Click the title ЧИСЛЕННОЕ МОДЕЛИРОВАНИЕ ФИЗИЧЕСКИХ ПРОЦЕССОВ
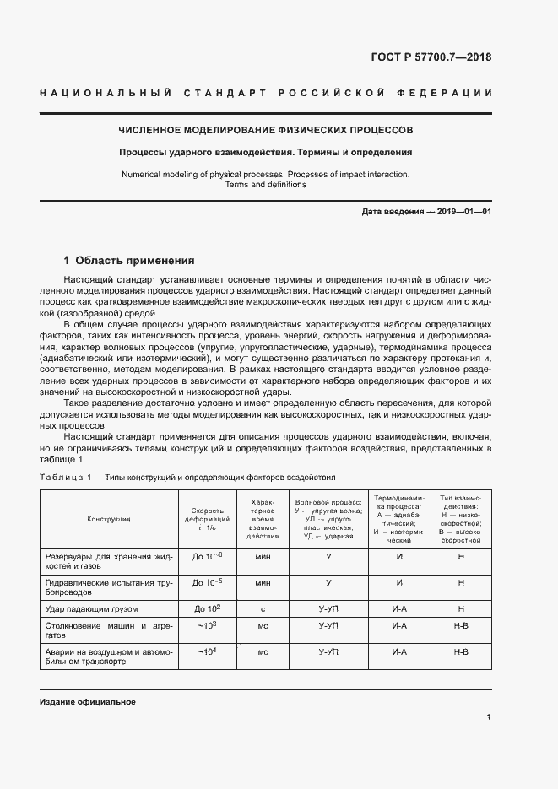pyautogui.click(x=265, y=132)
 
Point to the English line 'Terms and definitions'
pyautogui.click(x=265, y=185)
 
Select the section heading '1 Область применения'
pyautogui.click(x=129, y=261)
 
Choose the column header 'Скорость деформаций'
pyautogui.click(x=207, y=518)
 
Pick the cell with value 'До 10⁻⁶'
pyautogui.click(x=208, y=558)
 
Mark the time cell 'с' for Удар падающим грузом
pyautogui.click(x=263, y=608)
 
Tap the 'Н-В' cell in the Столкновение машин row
pyautogui.click(x=461, y=626)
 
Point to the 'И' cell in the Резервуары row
pyautogui.click(x=399, y=558)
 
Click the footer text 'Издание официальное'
pyautogui.click(x=88, y=702)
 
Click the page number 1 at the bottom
pyautogui.click(x=489, y=717)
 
